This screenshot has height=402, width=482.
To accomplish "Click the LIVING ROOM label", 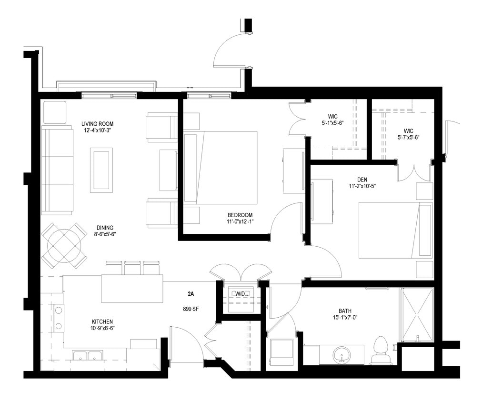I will [97, 123].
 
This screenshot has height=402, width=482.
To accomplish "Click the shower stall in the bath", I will [417, 315].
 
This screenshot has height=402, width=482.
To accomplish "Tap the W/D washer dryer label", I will [241, 294].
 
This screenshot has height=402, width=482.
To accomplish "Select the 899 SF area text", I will [191, 309].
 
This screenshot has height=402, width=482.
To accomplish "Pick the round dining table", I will [64, 246].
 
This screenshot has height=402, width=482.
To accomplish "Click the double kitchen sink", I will [88, 355].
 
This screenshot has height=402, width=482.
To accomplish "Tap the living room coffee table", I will [101, 170].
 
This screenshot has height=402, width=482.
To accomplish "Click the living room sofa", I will [57, 170].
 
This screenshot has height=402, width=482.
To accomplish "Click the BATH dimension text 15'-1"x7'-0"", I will [345, 318].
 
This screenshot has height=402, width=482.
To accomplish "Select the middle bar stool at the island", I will [132, 268].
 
